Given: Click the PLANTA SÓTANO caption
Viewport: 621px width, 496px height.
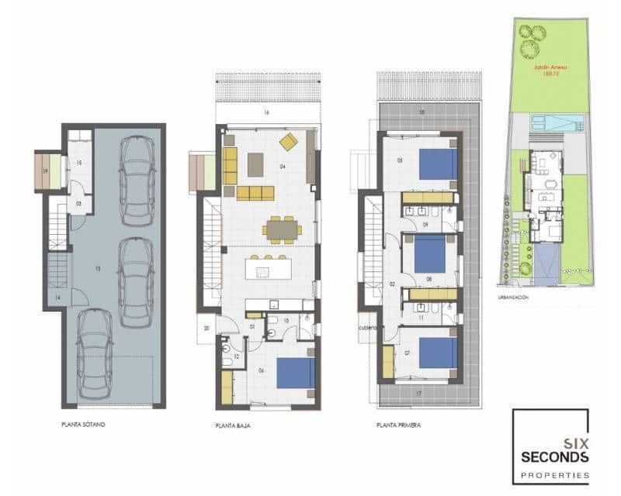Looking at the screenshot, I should (x=84, y=425).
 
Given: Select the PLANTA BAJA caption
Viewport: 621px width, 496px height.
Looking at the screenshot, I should (x=232, y=425).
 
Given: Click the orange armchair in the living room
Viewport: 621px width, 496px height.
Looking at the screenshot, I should (x=288, y=142).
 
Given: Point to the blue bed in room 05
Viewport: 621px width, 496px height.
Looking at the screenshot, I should (x=438, y=164).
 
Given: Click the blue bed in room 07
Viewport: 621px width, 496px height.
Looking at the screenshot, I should (x=439, y=353).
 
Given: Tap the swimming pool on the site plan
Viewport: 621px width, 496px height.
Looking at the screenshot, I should (x=553, y=122).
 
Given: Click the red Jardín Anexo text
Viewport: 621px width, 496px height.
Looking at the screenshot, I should (x=550, y=72).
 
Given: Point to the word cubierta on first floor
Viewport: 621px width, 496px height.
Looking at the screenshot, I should (x=367, y=328).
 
